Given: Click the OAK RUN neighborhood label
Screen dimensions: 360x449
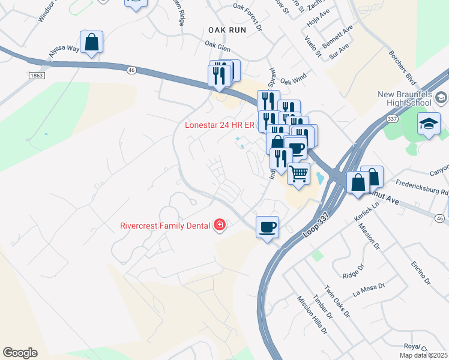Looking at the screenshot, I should [228, 29].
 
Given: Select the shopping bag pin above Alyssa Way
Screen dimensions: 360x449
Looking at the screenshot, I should [91, 43].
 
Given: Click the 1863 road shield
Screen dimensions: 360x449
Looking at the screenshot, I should [36, 75].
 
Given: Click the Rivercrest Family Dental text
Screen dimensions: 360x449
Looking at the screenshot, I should [164, 226].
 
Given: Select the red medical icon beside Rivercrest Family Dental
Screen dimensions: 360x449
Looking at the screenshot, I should [220, 226].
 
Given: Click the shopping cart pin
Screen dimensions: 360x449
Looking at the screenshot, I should [298, 175].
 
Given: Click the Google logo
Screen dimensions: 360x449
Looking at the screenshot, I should [20, 353].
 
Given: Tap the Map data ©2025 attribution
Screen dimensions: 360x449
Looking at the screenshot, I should [424, 355].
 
